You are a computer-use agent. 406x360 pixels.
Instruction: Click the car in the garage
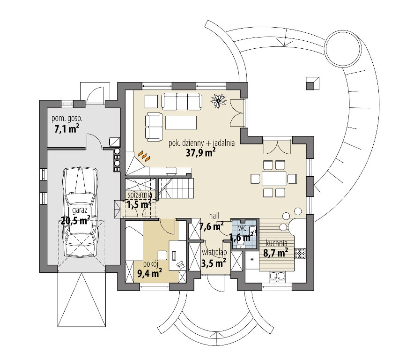tap(80, 212)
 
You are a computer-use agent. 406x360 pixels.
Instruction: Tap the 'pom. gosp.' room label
tap(67, 119)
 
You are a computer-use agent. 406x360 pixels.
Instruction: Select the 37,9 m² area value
tap(201, 153)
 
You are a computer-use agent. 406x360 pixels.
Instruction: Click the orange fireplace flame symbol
tap(144, 156)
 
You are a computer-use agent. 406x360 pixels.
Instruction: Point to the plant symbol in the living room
tap(219, 101)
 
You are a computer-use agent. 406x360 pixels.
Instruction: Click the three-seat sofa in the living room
tap(182, 101)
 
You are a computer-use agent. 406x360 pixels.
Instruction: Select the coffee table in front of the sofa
tap(181, 123)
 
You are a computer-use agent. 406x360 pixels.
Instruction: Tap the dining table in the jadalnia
tap(274, 178)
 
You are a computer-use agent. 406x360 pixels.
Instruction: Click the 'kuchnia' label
tap(277, 243)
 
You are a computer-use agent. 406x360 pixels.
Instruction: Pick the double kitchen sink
tap(277, 276)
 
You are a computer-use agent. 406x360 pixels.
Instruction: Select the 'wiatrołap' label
tap(214, 252)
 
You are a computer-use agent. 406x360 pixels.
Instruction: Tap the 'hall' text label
tap(214, 215)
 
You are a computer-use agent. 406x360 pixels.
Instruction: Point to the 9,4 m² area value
tap(150, 273)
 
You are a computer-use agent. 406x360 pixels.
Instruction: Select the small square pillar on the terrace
tap(312, 83)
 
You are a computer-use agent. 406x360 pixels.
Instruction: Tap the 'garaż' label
tap(79, 210)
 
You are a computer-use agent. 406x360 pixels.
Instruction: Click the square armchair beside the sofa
tap(151, 102)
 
